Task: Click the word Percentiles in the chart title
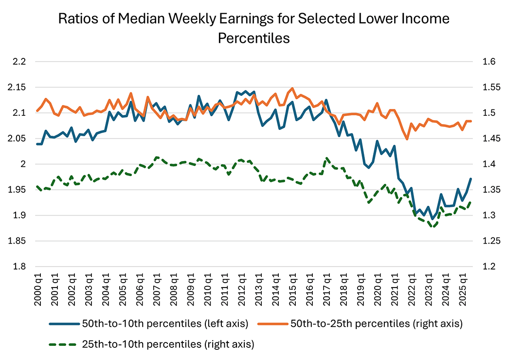[x=254, y=38]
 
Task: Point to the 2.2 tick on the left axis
[x=22, y=62]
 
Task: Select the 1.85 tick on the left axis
[x=20, y=241]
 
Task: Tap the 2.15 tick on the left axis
[x=20, y=88]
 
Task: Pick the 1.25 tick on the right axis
[x=488, y=241]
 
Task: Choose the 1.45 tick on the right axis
[x=488, y=139]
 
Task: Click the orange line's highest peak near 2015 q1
[x=292, y=89]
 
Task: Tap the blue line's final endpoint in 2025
[x=471, y=179]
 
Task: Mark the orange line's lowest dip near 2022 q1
[x=407, y=139]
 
